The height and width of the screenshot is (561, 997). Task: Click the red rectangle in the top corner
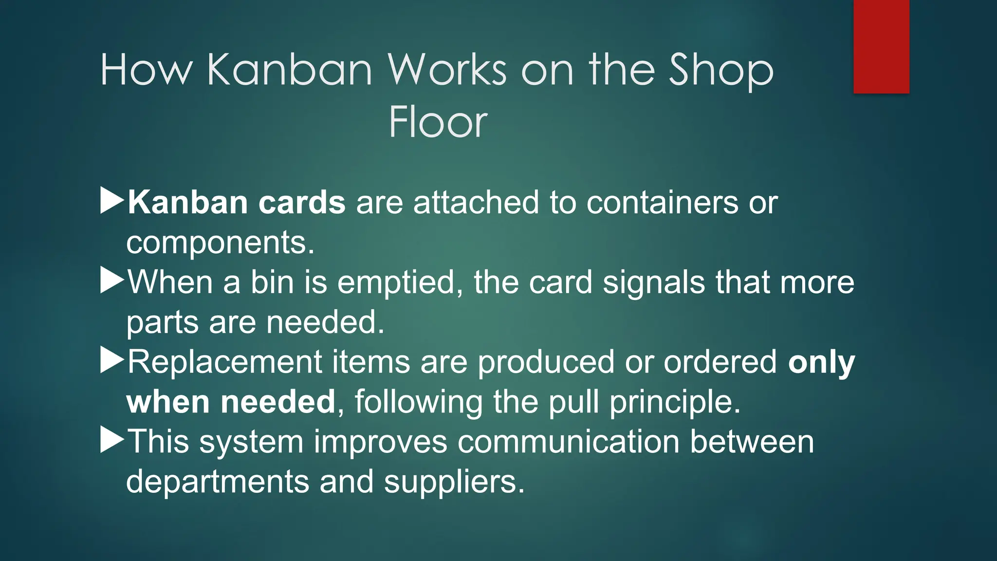point(881,46)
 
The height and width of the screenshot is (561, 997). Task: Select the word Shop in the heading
point(720,71)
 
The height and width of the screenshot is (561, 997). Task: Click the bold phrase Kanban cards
point(237,202)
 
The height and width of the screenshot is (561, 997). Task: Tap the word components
point(220,243)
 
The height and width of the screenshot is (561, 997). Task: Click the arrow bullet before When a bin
point(112,281)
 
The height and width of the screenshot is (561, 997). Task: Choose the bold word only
point(821,362)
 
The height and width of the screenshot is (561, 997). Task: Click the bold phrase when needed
point(231,402)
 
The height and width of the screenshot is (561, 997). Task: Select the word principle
point(675,403)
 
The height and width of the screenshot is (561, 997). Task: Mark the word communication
point(568,442)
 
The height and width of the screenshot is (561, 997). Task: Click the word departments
point(218,482)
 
